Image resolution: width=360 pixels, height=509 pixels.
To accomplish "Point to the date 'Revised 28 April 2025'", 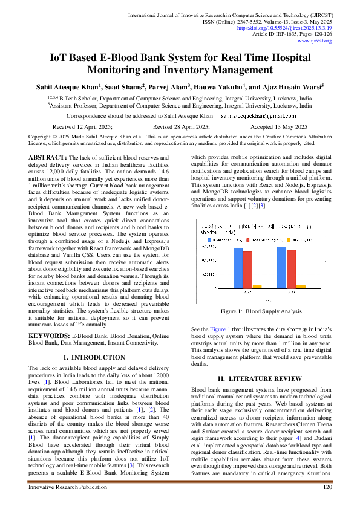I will pyautogui.click(x=181, y=127).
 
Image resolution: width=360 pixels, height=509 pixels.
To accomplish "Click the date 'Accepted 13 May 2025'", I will pyautogui.click(x=278, y=127).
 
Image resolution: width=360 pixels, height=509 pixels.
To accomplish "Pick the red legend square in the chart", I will pyautogui.click(x=248, y=240).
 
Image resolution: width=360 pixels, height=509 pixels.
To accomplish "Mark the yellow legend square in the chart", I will pyautogui.click(x=289, y=240).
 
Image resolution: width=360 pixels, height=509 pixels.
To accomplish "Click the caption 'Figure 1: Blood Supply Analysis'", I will pyautogui.click(x=261, y=311).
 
